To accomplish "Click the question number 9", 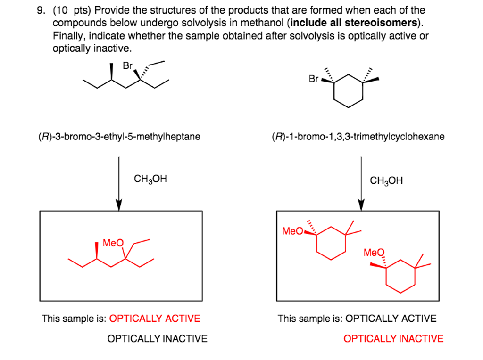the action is (41, 10).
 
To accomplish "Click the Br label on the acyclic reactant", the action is (127, 65).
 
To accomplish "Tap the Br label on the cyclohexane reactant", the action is (314, 79).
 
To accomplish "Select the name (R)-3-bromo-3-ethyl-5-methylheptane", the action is (119, 136).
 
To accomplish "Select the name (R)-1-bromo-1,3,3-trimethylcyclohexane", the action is (358, 136).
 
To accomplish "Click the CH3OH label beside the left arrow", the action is (150, 179).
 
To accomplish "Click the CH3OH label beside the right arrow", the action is (386, 180).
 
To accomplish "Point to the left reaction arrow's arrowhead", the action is (119, 205).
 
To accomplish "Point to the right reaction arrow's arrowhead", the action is (361, 205).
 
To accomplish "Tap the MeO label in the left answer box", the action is (113, 243).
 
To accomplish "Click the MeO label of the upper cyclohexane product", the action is (292, 231).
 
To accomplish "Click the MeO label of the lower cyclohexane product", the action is (374, 253).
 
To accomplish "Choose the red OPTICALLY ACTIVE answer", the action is (155, 318).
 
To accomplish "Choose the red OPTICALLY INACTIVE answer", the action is (393, 338).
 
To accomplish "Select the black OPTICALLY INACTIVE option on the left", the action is (158, 338).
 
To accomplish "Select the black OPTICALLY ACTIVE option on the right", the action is (391, 318).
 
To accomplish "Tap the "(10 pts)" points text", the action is (72, 10).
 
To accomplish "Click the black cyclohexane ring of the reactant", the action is (334, 91).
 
